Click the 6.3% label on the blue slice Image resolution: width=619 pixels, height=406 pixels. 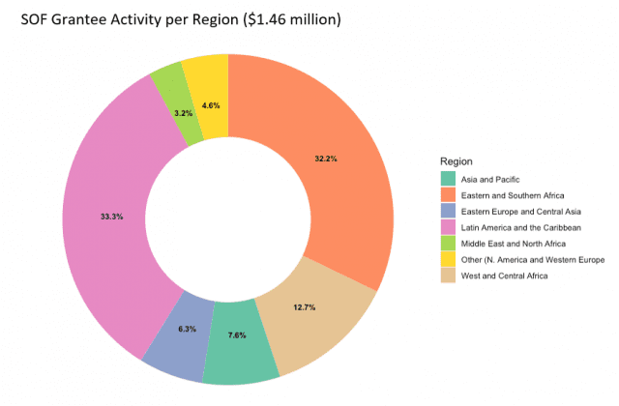[x=187, y=329]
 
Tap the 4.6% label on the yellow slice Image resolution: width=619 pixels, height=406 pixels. [x=210, y=105]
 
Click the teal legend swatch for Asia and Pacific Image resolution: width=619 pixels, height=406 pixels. [x=447, y=178]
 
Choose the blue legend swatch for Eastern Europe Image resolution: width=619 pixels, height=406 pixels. [x=447, y=211]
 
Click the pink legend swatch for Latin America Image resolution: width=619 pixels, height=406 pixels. [x=447, y=227]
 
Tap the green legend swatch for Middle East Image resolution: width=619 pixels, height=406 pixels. [x=447, y=244]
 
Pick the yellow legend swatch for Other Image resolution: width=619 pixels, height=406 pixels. [x=447, y=260]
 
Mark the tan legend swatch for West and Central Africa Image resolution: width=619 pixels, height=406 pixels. [x=447, y=276]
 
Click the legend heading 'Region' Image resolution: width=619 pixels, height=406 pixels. [x=456, y=159]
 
